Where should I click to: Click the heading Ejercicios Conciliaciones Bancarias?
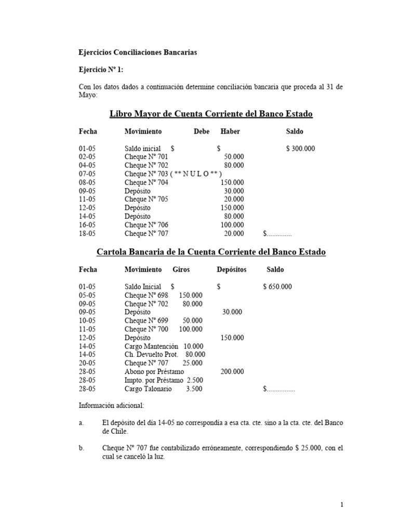(x=138, y=52)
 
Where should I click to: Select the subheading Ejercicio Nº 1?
(x=101, y=69)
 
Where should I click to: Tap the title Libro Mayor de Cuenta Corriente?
(x=211, y=114)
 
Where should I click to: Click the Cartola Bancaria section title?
(x=211, y=252)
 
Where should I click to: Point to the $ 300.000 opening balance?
(x=300, y=149)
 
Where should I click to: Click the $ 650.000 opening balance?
(x=277, y=287)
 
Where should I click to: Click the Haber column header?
(x=230, y=131)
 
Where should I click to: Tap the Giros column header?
(x=181, y=270)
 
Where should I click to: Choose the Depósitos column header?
(x=232, y=270)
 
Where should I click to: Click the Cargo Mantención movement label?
(x=151, y=346)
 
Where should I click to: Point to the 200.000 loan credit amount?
(x=232, y=371)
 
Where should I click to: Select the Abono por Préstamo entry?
(x=154, y=371)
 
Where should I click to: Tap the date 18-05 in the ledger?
(x=87, y=233)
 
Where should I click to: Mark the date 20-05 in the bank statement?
(x=87, y=363)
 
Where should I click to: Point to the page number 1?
(x=342, y=504)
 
